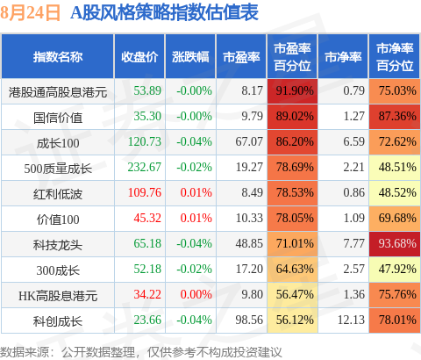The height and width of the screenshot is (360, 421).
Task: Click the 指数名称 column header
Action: click(58, 57)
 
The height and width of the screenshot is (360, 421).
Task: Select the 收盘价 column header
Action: click(139, 57)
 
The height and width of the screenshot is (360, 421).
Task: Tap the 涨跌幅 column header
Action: click(190, 57)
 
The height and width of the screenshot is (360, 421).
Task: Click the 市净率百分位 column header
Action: click(395, 57)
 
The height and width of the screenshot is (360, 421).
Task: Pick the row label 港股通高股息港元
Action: click(58, 92)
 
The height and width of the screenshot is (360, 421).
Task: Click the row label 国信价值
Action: click(58, 118)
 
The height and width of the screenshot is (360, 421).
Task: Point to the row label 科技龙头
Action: click(58, 245)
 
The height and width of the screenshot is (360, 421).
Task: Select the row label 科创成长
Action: click(58, 321)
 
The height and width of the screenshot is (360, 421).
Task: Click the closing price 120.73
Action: click(145, 142)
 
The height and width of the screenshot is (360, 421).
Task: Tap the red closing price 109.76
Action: click(145, 193)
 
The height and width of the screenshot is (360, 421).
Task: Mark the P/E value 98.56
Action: click(249, 320)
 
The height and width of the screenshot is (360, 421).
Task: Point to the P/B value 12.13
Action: click(351, 320)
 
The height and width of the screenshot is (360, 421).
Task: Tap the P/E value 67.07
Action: click(249, 142)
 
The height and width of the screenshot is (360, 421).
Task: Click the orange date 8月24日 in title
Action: click(30, 13)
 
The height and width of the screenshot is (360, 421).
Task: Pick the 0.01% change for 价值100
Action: click(196, 219)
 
